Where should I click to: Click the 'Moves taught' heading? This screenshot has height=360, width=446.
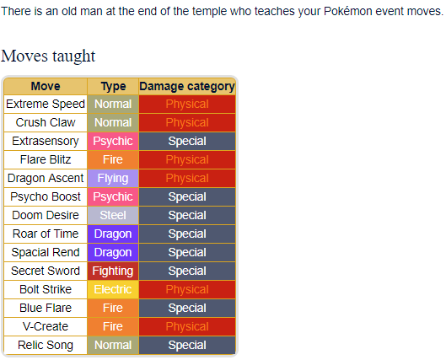tap(48, 56)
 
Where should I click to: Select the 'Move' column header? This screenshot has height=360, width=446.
tap(46, 86)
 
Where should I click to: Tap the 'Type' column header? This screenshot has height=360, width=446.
tap(113, 86)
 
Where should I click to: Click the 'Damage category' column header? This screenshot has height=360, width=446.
tap(187, 86)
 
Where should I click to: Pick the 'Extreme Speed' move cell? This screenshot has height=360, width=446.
tap(46, 104)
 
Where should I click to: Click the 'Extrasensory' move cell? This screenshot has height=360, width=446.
tap(46, 141)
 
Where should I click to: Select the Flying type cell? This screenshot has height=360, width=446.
tap(113, 178)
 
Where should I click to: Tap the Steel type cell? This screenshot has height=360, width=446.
tap(113, 215)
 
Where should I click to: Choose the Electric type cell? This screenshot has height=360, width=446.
tap(113, 289)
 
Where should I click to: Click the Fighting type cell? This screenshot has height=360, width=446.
tap(113, 271)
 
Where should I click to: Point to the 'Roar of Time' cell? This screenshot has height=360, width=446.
tap(46, 234)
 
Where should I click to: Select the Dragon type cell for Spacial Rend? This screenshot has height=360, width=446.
tap(113, 253)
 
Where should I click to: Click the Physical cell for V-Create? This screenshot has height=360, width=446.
tap(187, 326)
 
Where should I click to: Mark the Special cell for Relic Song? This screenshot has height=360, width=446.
tap(187, 345)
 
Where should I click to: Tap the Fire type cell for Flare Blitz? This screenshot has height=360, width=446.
tap(113, 159)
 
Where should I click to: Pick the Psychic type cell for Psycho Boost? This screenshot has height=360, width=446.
tap(113, 196)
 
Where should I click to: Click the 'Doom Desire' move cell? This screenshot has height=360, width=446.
tap(46, 215)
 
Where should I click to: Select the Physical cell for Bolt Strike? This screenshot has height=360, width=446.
tap(187, 289)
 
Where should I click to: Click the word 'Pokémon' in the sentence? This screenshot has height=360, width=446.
tap(348, 11)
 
